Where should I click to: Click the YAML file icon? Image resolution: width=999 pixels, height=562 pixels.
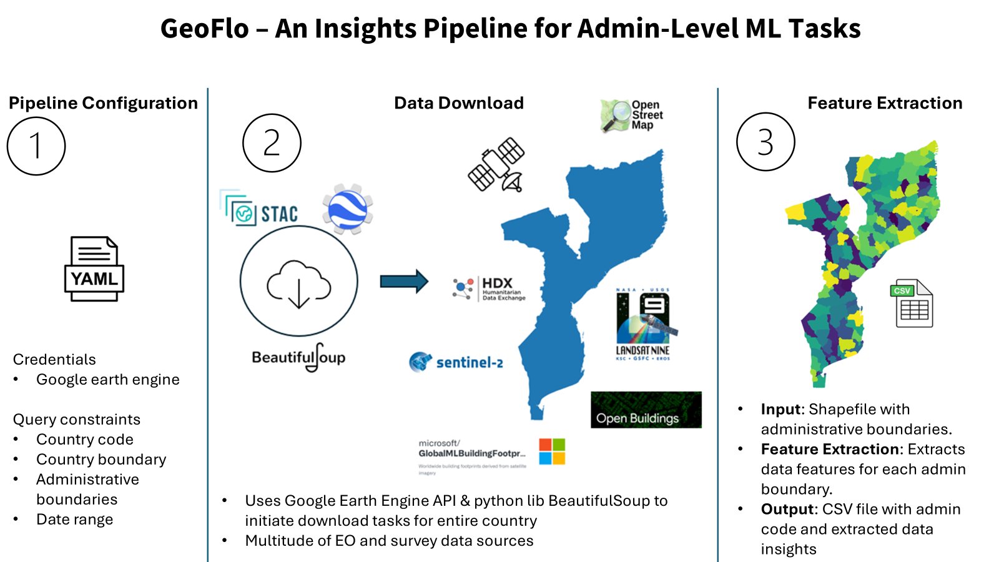coord(94,269)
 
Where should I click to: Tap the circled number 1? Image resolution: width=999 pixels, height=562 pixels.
coord(36,145)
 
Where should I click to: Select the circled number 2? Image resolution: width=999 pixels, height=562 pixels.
coord(272,143)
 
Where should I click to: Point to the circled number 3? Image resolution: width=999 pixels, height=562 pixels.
coord(765,142)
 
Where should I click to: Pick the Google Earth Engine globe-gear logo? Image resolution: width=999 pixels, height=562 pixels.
coord(347,209)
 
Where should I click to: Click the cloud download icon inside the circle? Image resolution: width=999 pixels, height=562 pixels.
coord(298,284)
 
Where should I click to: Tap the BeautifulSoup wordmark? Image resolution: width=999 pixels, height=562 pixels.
coord(298,358)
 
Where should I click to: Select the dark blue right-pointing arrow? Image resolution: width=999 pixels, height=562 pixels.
coord(404,281)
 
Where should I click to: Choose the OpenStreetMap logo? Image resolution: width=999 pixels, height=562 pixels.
coord(631,116)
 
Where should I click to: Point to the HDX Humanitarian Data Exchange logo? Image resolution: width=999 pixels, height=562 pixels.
coord(489,288)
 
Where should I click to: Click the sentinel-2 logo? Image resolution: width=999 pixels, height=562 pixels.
coord(456,362)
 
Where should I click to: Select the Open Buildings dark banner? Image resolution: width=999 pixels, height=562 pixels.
coord(646,410)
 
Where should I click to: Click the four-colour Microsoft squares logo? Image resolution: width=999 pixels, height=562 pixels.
coord(552,451)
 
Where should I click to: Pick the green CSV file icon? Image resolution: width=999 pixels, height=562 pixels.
coord(911,303)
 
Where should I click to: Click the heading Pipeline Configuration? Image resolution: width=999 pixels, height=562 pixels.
coord(103,103)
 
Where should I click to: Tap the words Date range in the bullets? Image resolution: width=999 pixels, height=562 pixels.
coord(74,520)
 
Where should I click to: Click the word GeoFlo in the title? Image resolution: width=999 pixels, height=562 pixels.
coord(204,29)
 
